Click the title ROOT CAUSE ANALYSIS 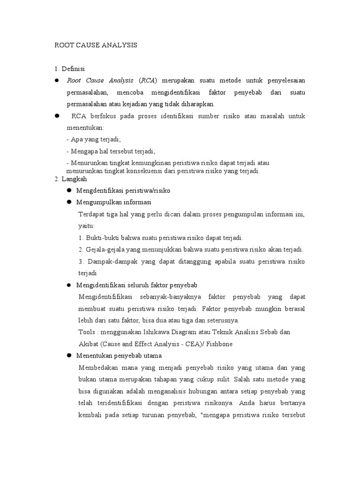tap(96, 45)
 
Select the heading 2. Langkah tap(71, 179)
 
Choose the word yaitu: tap(87, 225)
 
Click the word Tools tap(88, 332)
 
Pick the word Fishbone tap(216, 344)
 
